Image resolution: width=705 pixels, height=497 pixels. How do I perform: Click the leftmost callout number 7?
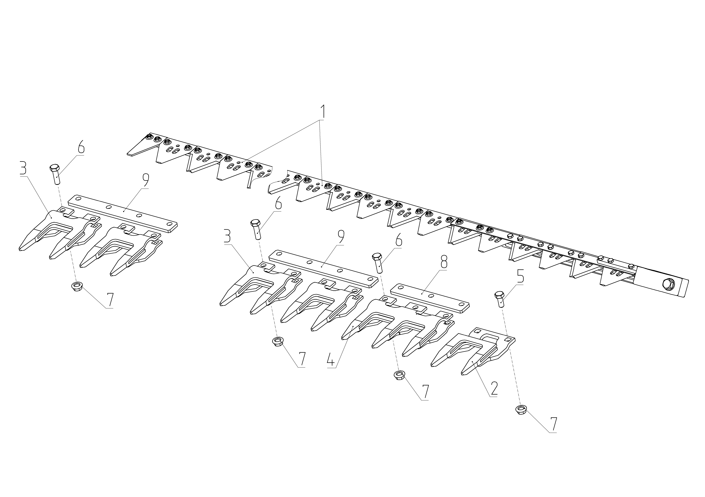click(110, 300)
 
